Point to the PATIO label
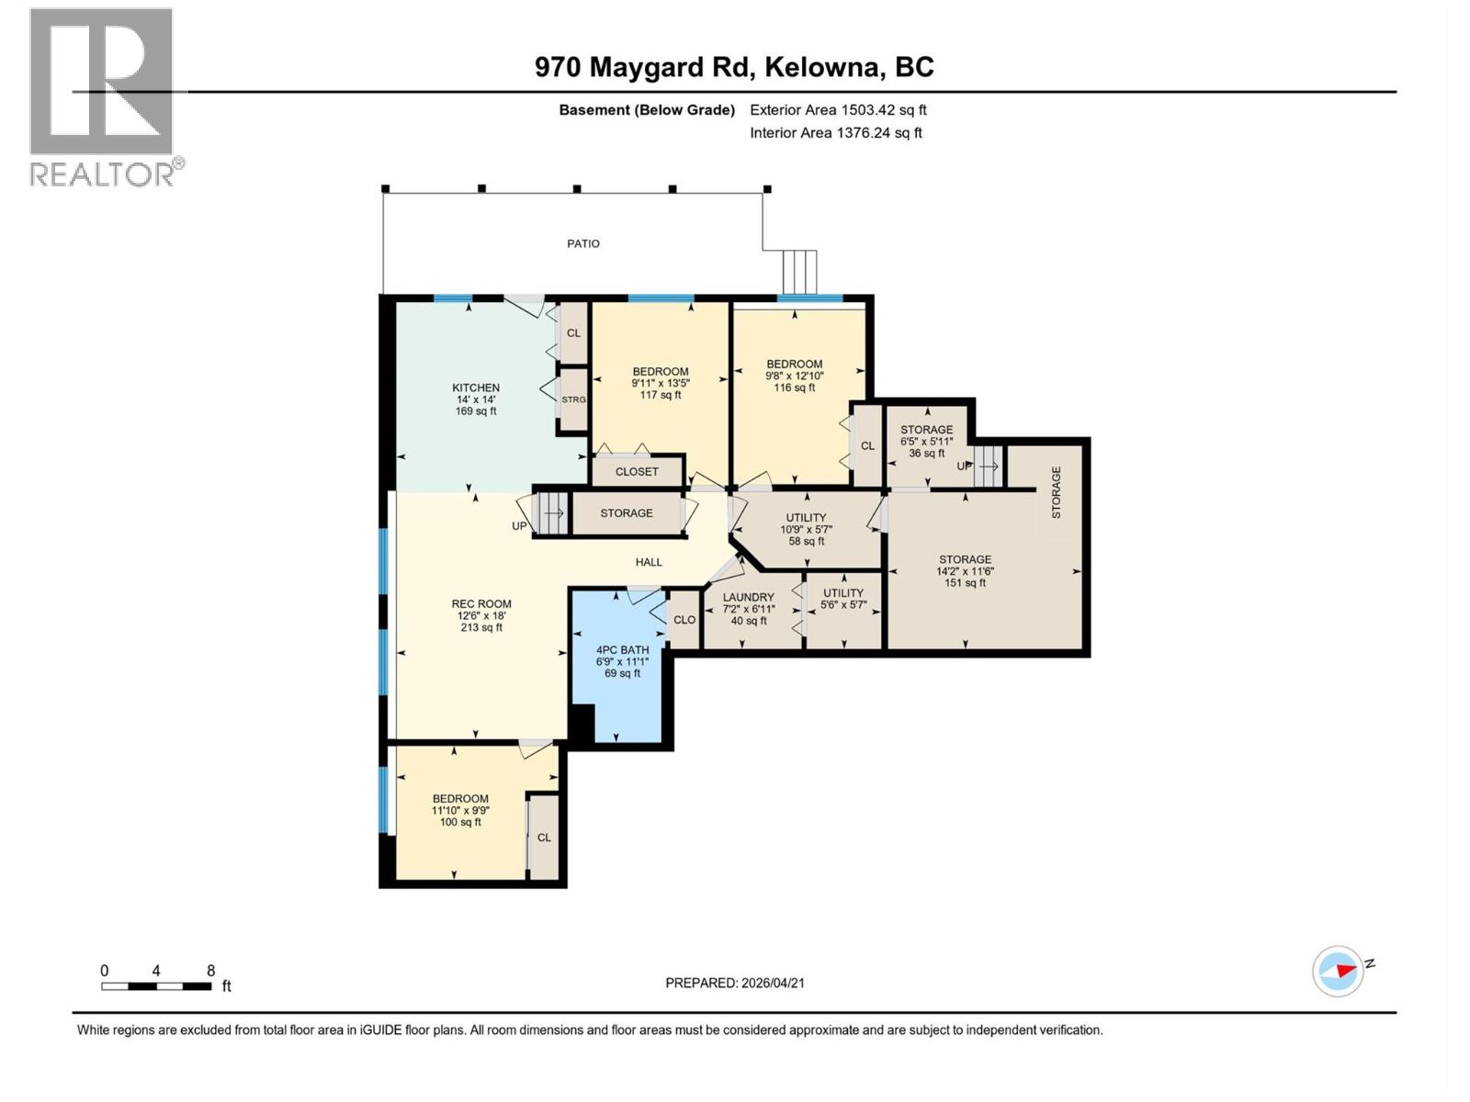583,243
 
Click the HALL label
649,562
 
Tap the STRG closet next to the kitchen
573,399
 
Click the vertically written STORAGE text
1057,492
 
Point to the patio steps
799,271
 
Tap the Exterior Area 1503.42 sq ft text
838,109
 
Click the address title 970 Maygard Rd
734,67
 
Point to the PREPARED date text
735,983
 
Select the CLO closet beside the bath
684,620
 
